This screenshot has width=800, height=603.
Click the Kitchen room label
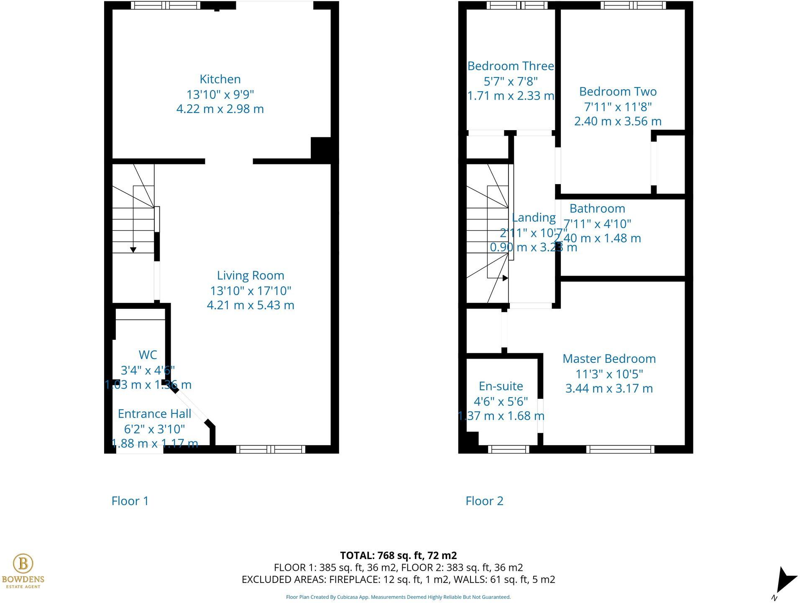pyautogui.click(x=220, y=79)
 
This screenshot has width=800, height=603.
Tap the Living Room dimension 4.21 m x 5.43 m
pyautogui.click(x=250, y=305)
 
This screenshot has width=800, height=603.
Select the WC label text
pyautogui.click(x=148, y=355)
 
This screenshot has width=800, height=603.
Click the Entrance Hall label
pyautogui.click(x=154, y=413)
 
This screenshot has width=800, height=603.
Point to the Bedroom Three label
pyautogui.click(x=511, y=66)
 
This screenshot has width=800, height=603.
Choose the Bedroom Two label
pyautogui.click(x=618, y=92)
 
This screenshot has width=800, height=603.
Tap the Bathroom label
pyautogui.click(x=597, y=208)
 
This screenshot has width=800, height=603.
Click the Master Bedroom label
pyautogui.click(x=609, y=359)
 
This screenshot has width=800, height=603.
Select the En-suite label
pyautogui.click(x=501, y=386)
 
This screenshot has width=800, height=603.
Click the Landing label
pyautogui.click(x=534, y=218)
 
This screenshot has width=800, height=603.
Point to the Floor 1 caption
pyautogui.click(x=130, y=501)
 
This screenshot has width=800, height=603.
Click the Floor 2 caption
pyautogui.click(x=484, y=501)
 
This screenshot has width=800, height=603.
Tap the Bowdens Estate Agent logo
pyautogui.click(x=23, y=570)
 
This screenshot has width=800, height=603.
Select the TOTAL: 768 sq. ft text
pyautogui.click(x=398, y=555)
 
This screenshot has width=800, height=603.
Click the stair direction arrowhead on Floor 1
pyautogui.click(x=133, y=250)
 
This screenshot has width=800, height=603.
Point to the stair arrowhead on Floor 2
pyautogui.click(x=505, y=278)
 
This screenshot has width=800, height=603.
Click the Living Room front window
pyautogui.click(x=271, y=449)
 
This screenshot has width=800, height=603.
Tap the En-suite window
pyautogui.click(x=509, y=449)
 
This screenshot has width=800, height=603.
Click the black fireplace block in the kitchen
pyautogui.click(x=321, y=148)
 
